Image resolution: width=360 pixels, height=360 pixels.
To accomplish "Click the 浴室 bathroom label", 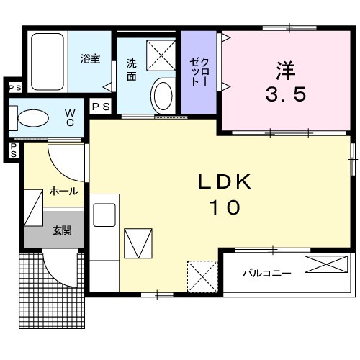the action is tap(90, 59).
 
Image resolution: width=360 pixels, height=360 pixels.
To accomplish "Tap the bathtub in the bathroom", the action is tap(48, 62).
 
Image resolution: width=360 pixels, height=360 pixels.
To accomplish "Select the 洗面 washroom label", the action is tap(132, 70).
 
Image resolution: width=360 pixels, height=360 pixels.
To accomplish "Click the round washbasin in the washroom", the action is tap(163, 96).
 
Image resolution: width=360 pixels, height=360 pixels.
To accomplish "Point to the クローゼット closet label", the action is tap(199, 72).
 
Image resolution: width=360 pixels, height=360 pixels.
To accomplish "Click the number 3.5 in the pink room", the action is tap(286, 94).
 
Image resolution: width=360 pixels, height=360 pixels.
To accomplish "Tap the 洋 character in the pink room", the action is tap(286, 71).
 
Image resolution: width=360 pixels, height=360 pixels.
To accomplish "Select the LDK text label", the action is tap(225, 181).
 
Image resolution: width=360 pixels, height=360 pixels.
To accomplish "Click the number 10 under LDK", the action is tap(225, 207).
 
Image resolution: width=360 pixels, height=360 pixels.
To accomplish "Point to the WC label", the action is tap(70, 117).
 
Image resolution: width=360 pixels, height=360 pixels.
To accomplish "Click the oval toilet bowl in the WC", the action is tap(33, 118).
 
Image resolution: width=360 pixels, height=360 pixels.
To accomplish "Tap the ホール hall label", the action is tap(64, 192).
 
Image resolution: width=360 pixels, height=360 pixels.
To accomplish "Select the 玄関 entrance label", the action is tap(62, 230).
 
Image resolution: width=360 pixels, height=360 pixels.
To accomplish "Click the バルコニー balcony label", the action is tap(267, 273).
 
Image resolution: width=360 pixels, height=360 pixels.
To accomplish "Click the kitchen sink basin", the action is tap(104, 215).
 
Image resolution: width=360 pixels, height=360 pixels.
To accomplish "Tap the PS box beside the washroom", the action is tap(101, 107).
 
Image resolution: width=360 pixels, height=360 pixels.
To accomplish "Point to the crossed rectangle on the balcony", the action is tap(326, 264).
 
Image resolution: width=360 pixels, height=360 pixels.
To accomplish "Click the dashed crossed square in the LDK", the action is tap(202, 276).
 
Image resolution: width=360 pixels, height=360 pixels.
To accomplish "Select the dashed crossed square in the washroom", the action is tap(161, 55).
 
